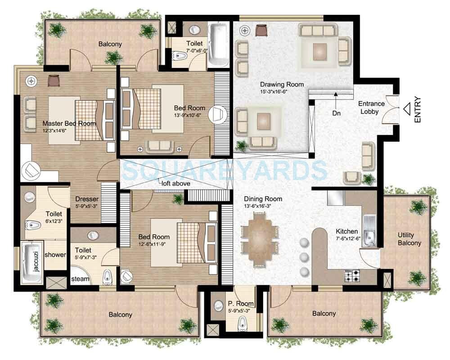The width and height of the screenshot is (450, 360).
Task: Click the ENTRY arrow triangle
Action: pos(408,109)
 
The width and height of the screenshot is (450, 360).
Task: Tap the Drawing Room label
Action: pos(282,84)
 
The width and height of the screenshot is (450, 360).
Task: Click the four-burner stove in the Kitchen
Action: pos(351,276)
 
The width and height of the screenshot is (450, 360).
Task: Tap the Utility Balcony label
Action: pos(409,239)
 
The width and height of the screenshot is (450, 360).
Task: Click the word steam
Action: pos(80,279)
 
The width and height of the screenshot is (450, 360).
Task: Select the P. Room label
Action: pos(241,304)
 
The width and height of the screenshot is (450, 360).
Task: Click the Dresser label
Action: pos(87,199)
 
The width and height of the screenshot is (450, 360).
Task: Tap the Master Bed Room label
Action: pos(69,123)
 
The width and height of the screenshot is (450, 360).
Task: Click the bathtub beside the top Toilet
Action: pos(219,44)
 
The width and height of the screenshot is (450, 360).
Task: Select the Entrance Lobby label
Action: pos(371,108)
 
